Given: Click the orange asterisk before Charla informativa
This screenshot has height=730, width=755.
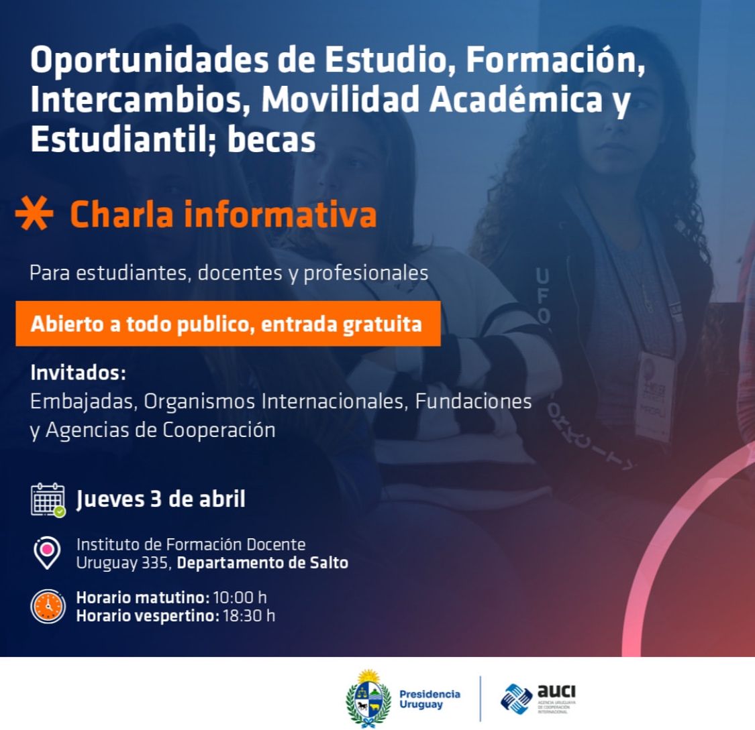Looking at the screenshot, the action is click(x=34, y=213).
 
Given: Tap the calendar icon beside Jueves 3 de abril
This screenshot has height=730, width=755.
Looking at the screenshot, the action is click(x=48, y=500).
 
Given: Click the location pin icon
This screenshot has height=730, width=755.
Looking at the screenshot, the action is click(x=47, y=553).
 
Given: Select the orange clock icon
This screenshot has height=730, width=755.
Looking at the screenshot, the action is click(x=48, y=607).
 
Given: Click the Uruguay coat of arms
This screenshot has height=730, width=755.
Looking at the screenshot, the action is click(x=368, y=698).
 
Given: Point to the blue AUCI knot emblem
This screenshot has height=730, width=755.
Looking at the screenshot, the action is click(x=516, y=698).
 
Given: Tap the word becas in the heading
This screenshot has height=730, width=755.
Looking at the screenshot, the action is click(x=272, y=139).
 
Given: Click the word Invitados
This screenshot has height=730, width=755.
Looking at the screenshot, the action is click(x=78, y=373).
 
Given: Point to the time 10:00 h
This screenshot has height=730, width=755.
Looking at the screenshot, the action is click(x=240, y=597).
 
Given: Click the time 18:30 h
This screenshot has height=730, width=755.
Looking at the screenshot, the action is click(x=249, y=615).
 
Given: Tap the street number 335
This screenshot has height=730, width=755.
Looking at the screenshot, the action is click(x=154, y=562).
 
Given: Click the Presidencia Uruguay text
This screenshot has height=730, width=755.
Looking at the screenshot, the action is click(x=430, y=699).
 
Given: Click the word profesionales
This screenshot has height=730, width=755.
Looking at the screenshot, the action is click(x=366, y=273).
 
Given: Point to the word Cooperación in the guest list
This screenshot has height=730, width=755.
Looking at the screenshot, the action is click(x=218, y=430).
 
